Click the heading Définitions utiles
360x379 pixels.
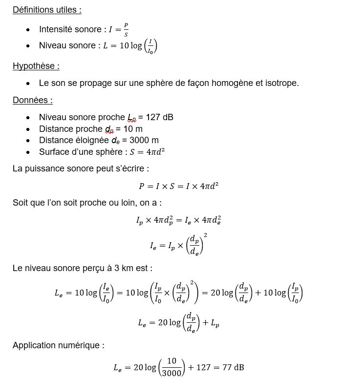[47, 10]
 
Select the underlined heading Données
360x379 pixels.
[32, 100]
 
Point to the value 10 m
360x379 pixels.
[131, 129]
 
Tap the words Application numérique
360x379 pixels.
[59, 345]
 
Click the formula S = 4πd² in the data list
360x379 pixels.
[147, 152]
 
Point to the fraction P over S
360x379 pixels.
[126, 29]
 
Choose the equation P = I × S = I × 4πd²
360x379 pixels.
[178, 186]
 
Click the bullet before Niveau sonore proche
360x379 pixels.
[29, 118]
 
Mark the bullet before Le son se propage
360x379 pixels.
[29, 84]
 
